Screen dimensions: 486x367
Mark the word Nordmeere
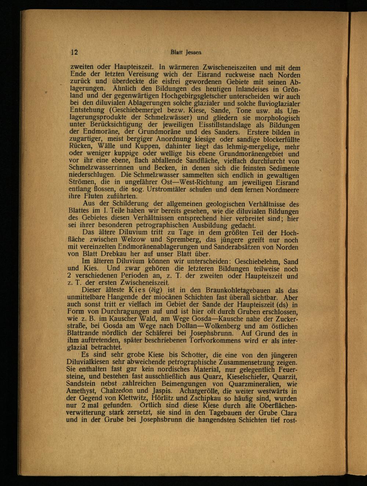[281, 190]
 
